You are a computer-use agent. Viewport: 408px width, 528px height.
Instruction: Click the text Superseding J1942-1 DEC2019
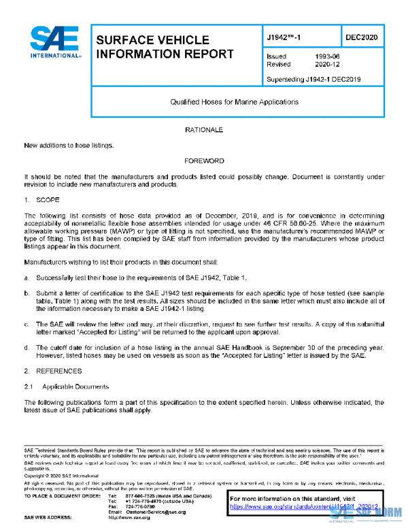tap(313, 80)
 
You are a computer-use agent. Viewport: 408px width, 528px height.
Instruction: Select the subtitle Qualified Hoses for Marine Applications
tap(234, 102)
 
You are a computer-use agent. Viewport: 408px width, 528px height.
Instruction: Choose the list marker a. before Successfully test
tap(27, 278)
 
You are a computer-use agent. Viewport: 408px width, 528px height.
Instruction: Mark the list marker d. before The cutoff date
tap(27, 346)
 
